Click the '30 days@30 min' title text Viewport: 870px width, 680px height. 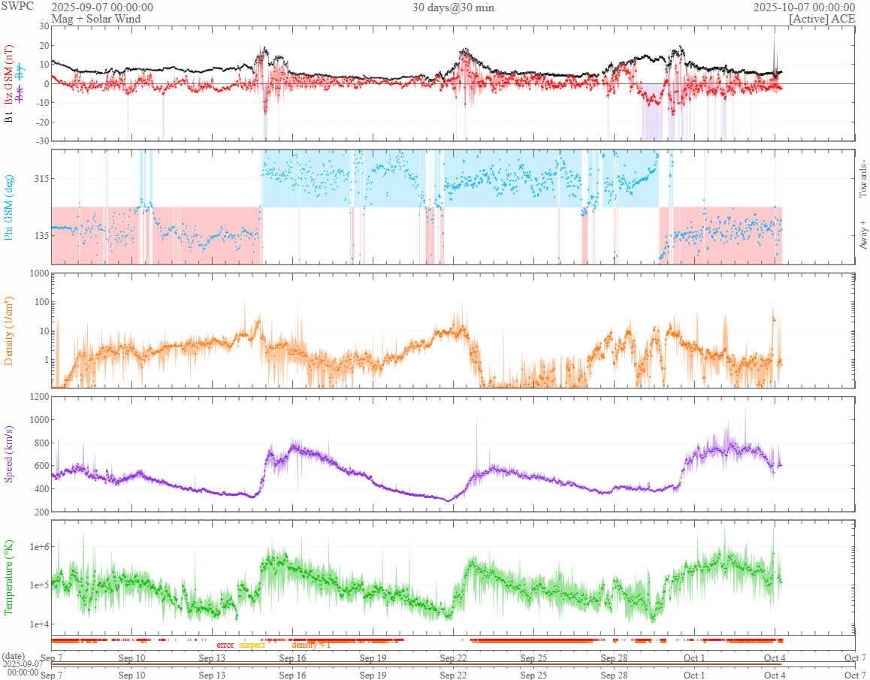pyautogui.click(x=453, y=8)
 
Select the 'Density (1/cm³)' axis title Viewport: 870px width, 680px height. pyautogui.click(x=9, y=331)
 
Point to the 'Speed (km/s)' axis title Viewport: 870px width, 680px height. pyautogui.click(x=9, y=454)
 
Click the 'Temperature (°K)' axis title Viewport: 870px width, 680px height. pyautogui.click(x=9, y=577)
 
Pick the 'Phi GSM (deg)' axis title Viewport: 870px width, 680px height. pyautogui.click(x=9, y=207)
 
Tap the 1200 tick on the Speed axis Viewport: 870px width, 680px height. pyautogui.click(x=38, y=397)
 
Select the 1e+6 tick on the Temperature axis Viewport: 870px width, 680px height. pyautogui.click(x=36, y=546)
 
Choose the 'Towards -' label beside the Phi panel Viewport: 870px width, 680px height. pyautogui.click(x=862, y=179)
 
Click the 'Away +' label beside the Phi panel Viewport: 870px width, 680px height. pyautogui.click(x=862, y=234)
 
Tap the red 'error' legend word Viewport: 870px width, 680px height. pyautogui.click(x=225, y=645)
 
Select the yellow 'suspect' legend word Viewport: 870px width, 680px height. pyautogui.click(x=252, y=645)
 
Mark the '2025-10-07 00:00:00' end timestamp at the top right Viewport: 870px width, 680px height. pyautogui.click(x=804, y=8)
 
